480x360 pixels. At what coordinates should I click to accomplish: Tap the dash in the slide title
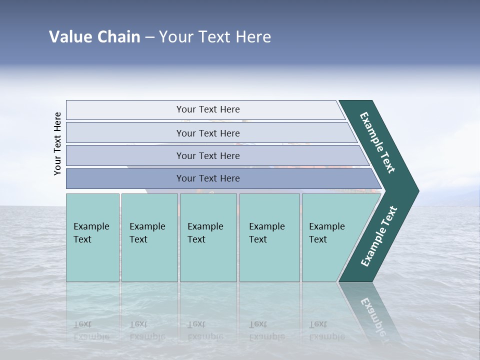pos(149,37)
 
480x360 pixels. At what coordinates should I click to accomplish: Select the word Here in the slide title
pos(253,37)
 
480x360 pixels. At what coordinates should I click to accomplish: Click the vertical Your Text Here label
pos(57,143)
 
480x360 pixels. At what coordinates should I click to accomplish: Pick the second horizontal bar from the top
pos(207,133)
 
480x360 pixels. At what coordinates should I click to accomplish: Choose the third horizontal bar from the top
pos(207,155)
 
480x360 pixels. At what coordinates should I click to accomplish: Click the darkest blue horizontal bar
pos(207,178)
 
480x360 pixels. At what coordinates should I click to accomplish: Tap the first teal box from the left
pos(92,237)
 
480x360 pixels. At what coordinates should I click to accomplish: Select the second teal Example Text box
pos(149,237)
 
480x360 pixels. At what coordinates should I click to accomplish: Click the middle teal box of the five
pos(208,237)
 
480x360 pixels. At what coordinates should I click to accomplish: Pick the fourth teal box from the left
pos(269,237)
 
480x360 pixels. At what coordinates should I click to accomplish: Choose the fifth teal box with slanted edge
pos(330,237)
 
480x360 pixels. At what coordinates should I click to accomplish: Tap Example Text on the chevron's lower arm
pos(379,236)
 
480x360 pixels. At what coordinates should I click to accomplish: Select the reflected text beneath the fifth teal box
pos(326,330)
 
